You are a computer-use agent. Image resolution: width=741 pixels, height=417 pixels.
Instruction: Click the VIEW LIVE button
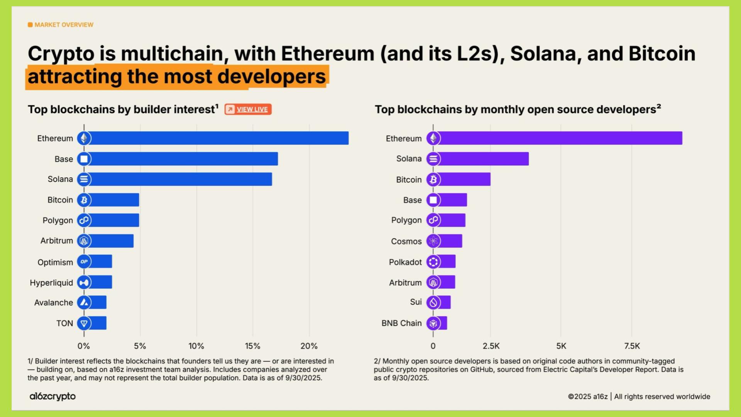[x=248, y=109]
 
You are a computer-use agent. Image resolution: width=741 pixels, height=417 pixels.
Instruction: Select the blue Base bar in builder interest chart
[x=183, y=159]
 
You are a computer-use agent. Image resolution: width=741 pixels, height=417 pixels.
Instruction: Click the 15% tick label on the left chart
[x=252, y=346]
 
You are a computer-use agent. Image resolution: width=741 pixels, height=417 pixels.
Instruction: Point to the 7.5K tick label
[x=632, y=346]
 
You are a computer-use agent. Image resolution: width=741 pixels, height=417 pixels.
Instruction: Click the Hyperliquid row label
[x=51, y=283]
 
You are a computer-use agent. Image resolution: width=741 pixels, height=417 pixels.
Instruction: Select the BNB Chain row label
[x=401, y=323]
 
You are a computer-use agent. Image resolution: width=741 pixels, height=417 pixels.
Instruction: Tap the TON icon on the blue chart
[x=84, y=323]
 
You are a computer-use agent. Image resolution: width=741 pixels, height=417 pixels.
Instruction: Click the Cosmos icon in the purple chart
[x=433, y=241]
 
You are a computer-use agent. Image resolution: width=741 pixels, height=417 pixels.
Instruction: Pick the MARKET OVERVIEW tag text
[x=64, y=25]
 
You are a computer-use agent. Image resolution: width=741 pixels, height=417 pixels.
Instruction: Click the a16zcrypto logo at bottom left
[x=52, y=396]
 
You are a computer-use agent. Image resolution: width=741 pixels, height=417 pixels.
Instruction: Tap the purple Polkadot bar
[x=447, y=261]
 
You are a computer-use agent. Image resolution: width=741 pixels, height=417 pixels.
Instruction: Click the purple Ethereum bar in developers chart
[x=560, y=138]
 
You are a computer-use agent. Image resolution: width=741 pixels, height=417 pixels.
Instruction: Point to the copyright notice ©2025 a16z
[x=587, y=397]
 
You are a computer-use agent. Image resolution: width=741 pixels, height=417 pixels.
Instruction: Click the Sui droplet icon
[x=433, y=302]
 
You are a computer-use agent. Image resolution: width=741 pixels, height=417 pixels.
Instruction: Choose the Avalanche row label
[x=53, y=303]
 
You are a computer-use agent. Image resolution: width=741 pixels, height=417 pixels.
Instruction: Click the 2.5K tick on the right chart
[x=491, y=346]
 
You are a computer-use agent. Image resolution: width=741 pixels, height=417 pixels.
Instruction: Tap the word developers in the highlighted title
[x=271, y=76]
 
